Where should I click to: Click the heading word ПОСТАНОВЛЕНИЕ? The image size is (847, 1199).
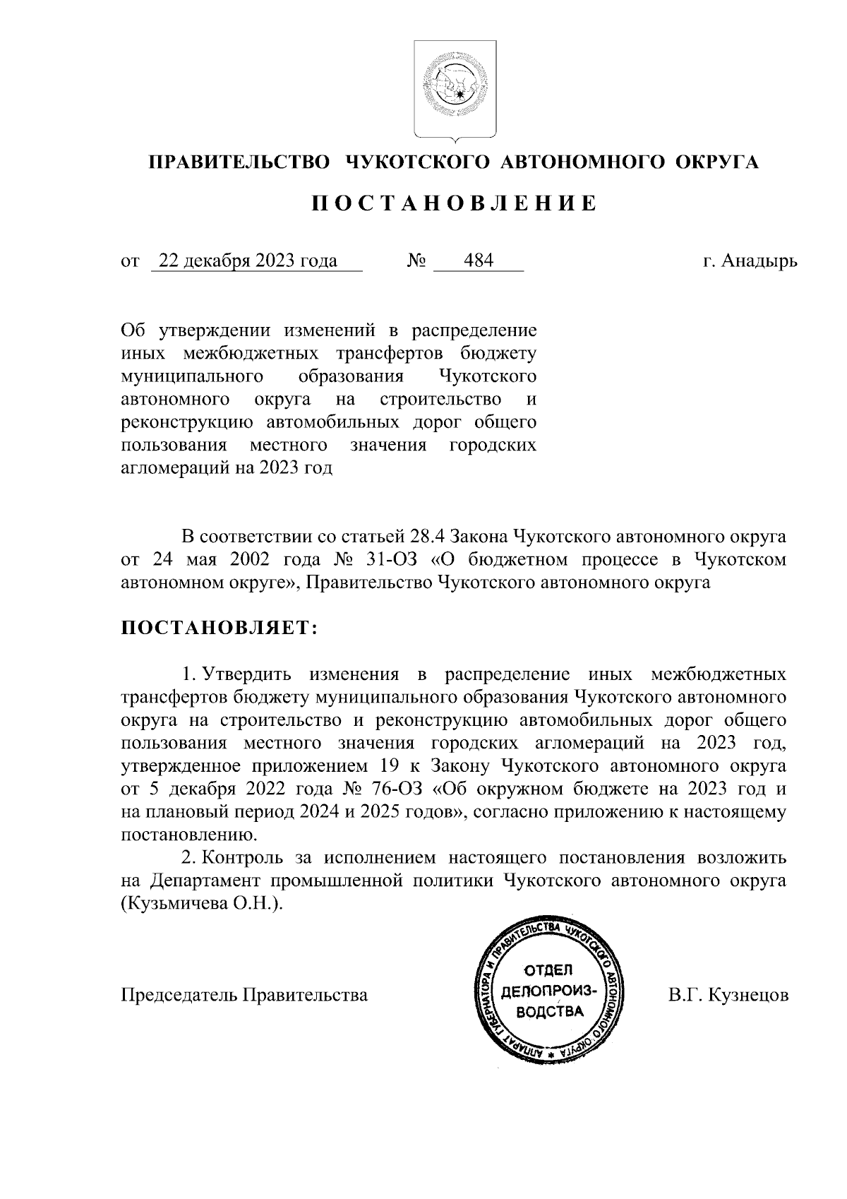[455, 204]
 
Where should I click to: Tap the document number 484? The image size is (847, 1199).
[479, 261]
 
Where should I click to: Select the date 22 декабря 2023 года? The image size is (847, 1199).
[248, 261]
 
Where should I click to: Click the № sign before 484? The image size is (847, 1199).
[417, 262]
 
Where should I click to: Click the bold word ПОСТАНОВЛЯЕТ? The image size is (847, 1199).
[220, 628]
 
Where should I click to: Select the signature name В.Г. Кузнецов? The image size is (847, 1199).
[728, 995]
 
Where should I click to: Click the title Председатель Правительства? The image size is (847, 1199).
[245, 995]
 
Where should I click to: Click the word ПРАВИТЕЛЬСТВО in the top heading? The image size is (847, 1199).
[238, 162]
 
